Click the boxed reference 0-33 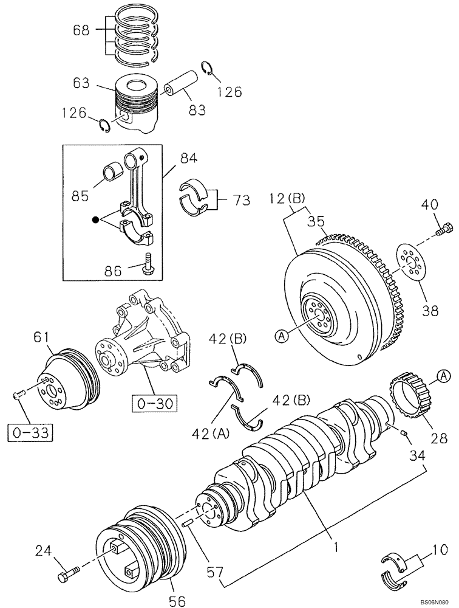click(x=30, y=432)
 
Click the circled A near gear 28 click(x=443, y=377)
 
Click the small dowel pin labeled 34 click(x=403, y=432)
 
